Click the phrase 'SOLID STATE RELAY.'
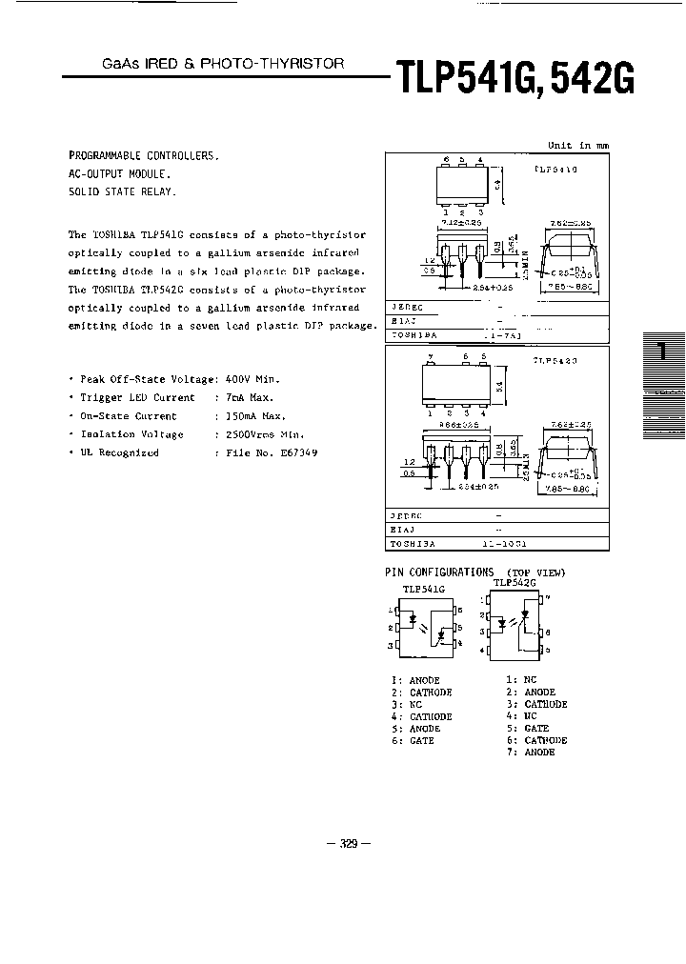coord(123,191)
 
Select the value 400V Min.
coord(251,379)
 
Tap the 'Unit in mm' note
coord(577,146)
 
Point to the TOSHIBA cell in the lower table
coord(412,543)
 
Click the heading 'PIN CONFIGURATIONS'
coord(439,572)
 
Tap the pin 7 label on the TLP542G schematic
coord(542,600)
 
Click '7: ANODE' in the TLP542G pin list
coord(531,753)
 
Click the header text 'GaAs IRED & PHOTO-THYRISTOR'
coord(223,64)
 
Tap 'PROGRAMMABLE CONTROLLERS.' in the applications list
coord(144,155)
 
